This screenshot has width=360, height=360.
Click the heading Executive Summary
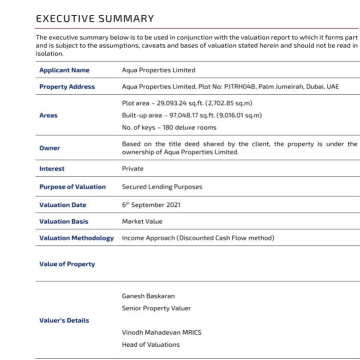[x=95, y=19]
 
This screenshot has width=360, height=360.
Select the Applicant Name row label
[x=64, y=70]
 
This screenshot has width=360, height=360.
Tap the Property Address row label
[x=67, y=87]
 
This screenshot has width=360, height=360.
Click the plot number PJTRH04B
[x=240, y=87]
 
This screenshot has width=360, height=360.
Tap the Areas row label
[x=48, y=115]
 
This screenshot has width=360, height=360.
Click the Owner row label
[x=49, y=148]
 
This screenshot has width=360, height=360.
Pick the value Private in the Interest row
[x=132, y=169]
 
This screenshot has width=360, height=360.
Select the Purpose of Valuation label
[x=72, y=187]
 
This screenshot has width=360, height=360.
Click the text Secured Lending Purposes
[x=162, y=187]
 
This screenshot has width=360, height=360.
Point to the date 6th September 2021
[x=151, y=205]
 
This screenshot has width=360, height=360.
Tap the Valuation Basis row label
[x=64, y=222]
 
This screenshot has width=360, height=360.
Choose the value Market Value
[x=142, y=222]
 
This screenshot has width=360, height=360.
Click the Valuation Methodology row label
[x=76, y=238]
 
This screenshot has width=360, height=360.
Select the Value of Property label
[x=67, y=264]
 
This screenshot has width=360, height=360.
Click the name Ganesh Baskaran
[x=148, y=296]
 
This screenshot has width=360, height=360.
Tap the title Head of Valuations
[x=150, y=344]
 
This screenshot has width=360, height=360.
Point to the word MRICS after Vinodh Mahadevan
[x=191, y=332]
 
